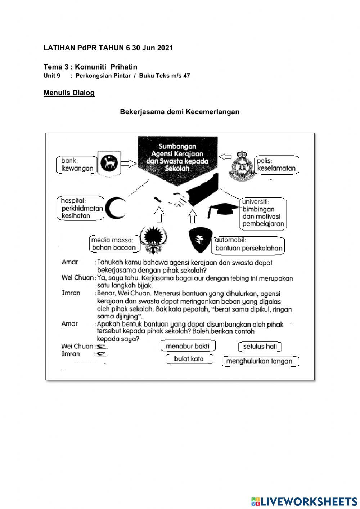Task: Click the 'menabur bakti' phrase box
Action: point(188,346)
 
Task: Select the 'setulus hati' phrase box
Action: point(260,347)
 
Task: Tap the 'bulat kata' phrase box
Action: point(189,359)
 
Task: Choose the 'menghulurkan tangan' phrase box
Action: point(260,361)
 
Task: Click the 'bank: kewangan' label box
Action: point(77,165)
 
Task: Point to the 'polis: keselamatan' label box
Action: point(276,165)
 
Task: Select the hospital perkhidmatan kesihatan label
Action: point(80,208)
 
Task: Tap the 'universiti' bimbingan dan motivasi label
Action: point(263,213)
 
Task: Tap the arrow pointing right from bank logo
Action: point(128,164)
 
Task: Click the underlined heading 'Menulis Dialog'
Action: point(69,93)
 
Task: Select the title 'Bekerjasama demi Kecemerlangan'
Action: point(180,112)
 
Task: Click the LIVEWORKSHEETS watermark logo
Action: point(304,501)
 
